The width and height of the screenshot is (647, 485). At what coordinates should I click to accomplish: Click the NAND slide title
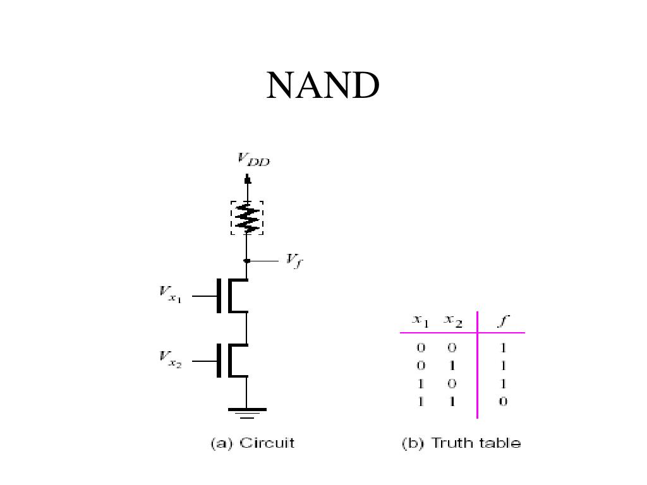[x=322, y=85]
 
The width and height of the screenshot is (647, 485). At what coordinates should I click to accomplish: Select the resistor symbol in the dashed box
[x=247, y=218]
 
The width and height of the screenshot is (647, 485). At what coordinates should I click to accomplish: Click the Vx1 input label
[x=170, y=295]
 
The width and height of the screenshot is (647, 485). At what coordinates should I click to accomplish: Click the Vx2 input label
[x=170, y=360]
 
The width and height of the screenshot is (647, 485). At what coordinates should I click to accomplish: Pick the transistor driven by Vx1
[x=231, y=295]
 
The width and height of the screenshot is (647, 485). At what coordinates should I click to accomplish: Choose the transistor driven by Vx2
[x=231, y=361]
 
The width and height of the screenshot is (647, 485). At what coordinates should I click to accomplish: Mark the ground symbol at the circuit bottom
[x=247, y=412]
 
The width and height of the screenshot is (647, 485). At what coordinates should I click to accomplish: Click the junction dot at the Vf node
[x=247, y=260]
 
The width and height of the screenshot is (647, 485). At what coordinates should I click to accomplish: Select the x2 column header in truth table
[x=453, y=321]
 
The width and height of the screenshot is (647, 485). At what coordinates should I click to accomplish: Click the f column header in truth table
[x=502, y=321]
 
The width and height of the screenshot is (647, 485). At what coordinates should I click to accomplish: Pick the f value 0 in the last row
[x=503, y=402]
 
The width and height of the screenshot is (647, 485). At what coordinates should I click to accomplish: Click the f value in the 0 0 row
[x=503, y=347]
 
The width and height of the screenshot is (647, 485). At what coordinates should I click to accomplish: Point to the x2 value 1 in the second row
[x=453, y=366]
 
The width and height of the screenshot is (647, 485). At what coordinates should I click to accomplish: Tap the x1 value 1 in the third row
[x=421, y=383]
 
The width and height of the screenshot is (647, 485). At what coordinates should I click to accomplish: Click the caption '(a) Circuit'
[x=252, y=443]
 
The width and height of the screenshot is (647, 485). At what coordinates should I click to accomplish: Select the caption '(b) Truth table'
[x=461, y=443]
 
